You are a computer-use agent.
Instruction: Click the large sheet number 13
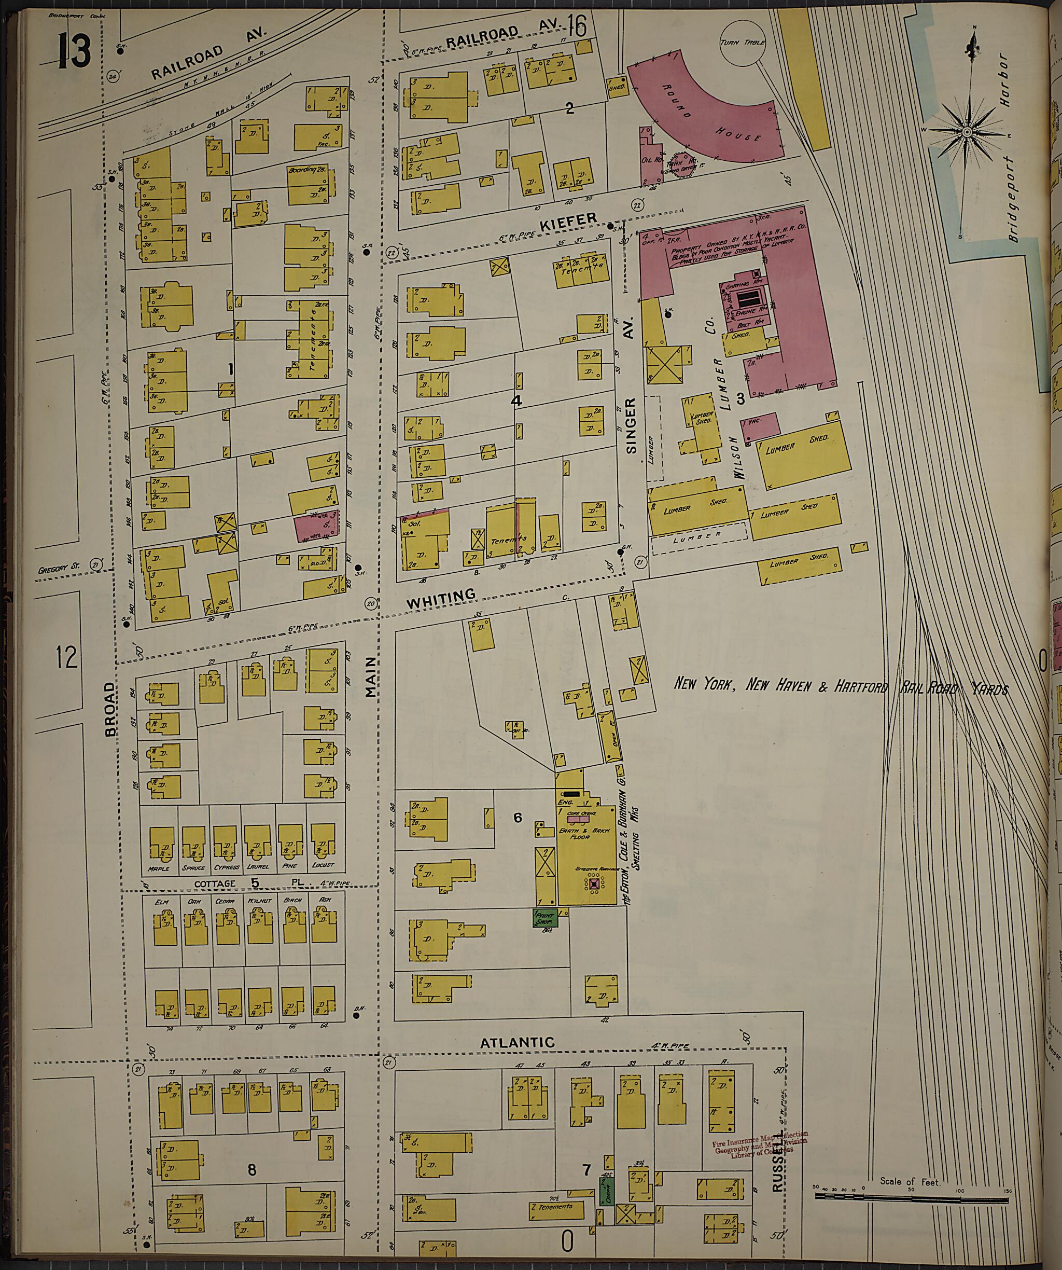click(74, 51)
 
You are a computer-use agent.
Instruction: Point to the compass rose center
click(967, 132)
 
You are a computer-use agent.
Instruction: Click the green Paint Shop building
click(544, 918)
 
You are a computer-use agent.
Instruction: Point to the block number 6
click(518, 818)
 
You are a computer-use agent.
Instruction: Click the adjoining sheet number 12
click(67, 656)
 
